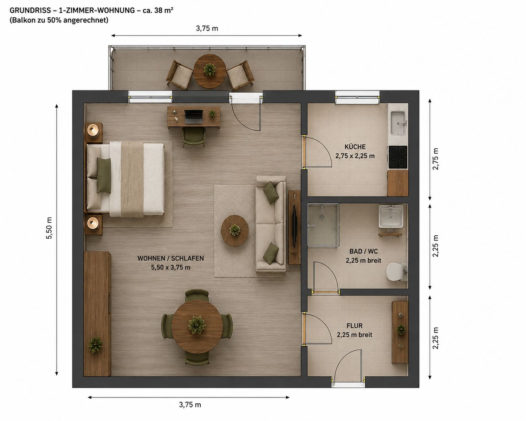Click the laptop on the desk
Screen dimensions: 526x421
coord(194,117)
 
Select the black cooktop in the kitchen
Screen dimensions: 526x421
coord(398,157)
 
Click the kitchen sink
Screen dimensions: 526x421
coord(398,123)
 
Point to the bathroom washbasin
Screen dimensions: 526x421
coord(391,216)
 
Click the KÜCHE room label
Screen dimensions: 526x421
coord(355,147)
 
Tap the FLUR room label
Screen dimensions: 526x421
coord(354,326)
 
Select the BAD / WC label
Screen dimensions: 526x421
coord(364,251)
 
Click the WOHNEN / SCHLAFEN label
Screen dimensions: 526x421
coord(170,258)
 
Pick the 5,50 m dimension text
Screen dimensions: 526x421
coord(49,228)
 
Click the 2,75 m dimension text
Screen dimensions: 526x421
coord(436,159)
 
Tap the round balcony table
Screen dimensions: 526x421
coord(210,71)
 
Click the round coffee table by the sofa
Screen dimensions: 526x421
coord(235,230)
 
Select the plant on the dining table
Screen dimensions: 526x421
coord(197,325)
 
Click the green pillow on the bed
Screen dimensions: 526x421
coord(104,175)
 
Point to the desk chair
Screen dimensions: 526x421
coord(194,137)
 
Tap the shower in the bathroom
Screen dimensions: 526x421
coord(323,226)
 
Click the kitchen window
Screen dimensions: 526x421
coord(357,97)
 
